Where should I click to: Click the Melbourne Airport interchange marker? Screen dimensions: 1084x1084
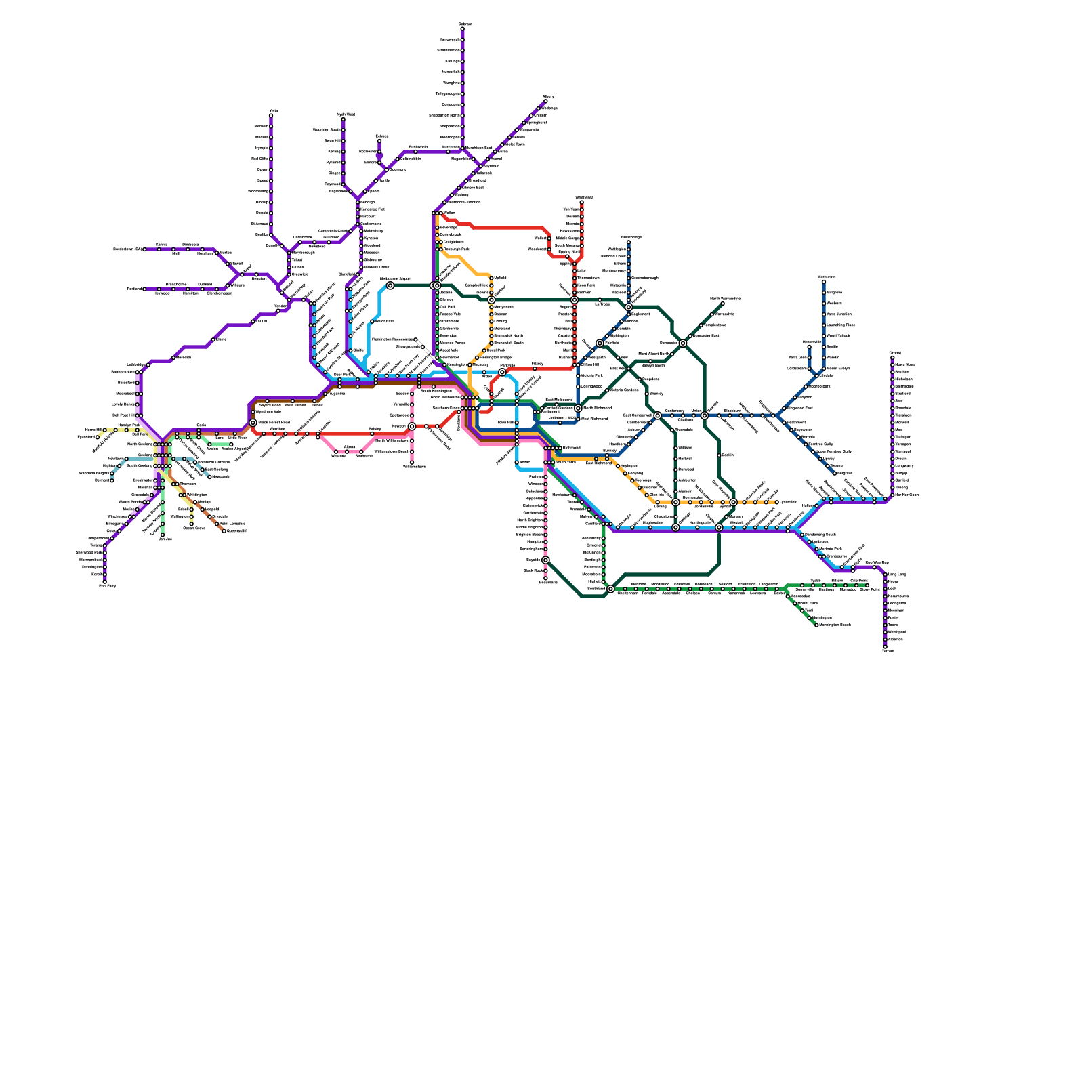click(390, 285)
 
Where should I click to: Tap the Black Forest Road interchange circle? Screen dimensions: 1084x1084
click(253, 423)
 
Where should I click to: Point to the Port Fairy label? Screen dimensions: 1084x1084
click(107, 586)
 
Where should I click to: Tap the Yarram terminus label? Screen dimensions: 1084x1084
click(888, 651)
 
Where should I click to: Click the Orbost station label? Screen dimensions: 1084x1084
click(895, 353)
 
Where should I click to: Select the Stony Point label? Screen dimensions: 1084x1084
click(870, 589)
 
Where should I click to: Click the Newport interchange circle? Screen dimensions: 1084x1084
click(412, 426)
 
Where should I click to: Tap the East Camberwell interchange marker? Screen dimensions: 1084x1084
click(657, 415)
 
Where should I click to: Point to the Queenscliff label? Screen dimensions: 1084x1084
click(236, 531)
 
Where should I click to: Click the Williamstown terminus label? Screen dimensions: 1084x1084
click(415, 467)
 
